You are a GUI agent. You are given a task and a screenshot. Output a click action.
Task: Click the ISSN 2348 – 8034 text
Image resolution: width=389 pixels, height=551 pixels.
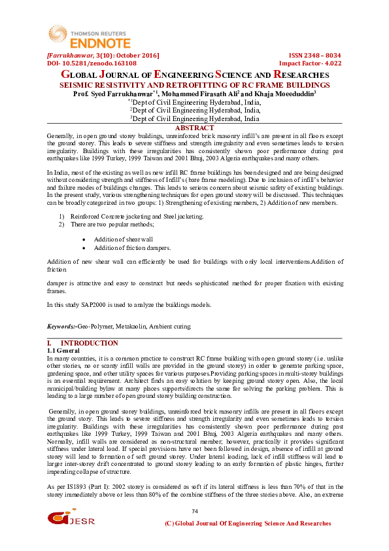(x=314, y=56)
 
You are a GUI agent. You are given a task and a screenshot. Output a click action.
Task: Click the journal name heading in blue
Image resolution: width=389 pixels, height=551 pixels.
(x=194, y=75)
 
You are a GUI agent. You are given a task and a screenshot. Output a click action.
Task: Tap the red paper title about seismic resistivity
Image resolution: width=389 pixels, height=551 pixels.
(x=194, y=85)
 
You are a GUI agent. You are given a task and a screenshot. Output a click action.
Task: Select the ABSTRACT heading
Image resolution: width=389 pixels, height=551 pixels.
(x=194, y=128)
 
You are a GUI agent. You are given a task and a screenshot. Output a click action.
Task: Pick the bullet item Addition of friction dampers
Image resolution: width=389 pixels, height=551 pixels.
(x=131, y=248)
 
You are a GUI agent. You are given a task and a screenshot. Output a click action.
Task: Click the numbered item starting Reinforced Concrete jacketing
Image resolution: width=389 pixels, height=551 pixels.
(x=137, y=216)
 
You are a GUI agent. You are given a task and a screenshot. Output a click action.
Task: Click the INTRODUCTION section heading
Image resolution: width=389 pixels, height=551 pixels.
(x=89, y=344)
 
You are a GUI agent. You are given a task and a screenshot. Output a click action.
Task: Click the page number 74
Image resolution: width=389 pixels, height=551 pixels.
(x=194, y=511)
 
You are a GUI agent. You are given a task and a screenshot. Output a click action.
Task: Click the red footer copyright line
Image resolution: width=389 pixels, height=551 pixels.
(x=248, y=524)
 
